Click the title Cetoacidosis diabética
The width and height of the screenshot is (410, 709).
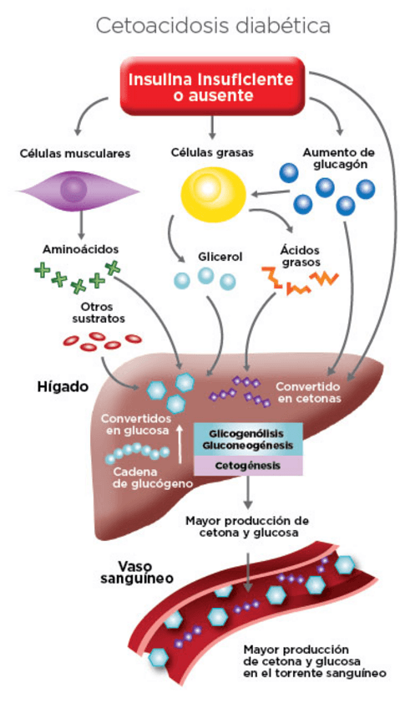tap(212, 26)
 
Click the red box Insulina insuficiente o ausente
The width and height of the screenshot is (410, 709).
tap(210, 86)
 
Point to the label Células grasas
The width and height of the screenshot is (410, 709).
tap(212, 153)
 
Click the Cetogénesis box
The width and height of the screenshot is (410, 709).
tap(248, 466)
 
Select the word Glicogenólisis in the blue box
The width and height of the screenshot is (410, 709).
tap(248, 434)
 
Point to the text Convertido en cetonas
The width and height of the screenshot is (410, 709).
tap(308, 393)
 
